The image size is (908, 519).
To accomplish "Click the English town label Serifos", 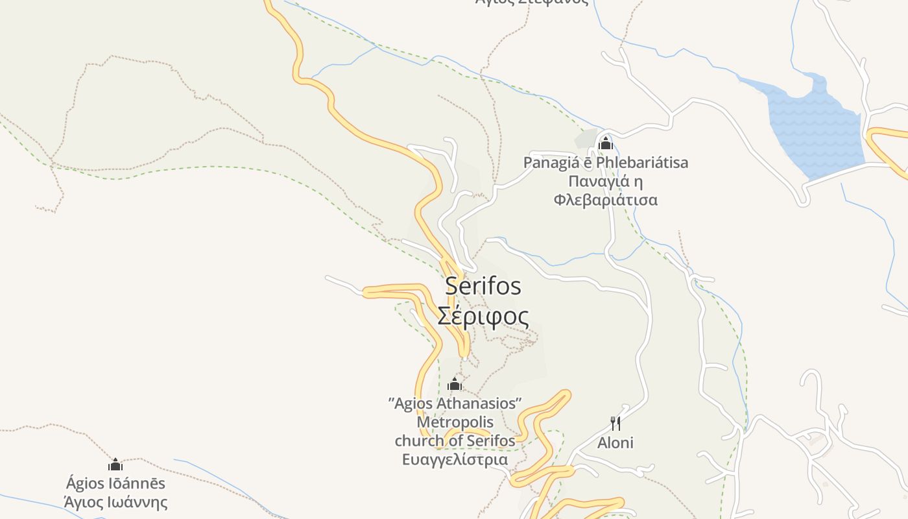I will click(483, 286).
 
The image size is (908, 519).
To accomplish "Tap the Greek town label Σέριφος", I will click(483, 316).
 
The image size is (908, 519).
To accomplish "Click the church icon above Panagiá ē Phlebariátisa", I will click(606, 143).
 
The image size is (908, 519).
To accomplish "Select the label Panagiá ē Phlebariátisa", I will click(606, 162).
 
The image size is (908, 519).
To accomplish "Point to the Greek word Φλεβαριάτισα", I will click(606, 200).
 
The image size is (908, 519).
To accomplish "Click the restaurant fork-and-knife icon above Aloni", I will click(615, 424).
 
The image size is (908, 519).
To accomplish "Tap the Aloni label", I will click(615, 443).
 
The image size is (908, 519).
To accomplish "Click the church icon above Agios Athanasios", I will click(455, 384).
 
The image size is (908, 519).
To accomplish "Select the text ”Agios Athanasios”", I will click(455, 404).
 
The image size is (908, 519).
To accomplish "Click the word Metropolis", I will click(455, 422).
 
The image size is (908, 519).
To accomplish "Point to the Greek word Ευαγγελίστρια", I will click(455, 460).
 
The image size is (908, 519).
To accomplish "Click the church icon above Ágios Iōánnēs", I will click(115, 465).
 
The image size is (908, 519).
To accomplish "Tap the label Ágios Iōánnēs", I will click(115, 483).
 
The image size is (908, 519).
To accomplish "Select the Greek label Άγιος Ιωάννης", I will click(115, 502).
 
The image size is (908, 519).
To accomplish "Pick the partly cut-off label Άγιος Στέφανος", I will click(532, 2).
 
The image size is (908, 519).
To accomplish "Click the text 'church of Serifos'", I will click(455, 441).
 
